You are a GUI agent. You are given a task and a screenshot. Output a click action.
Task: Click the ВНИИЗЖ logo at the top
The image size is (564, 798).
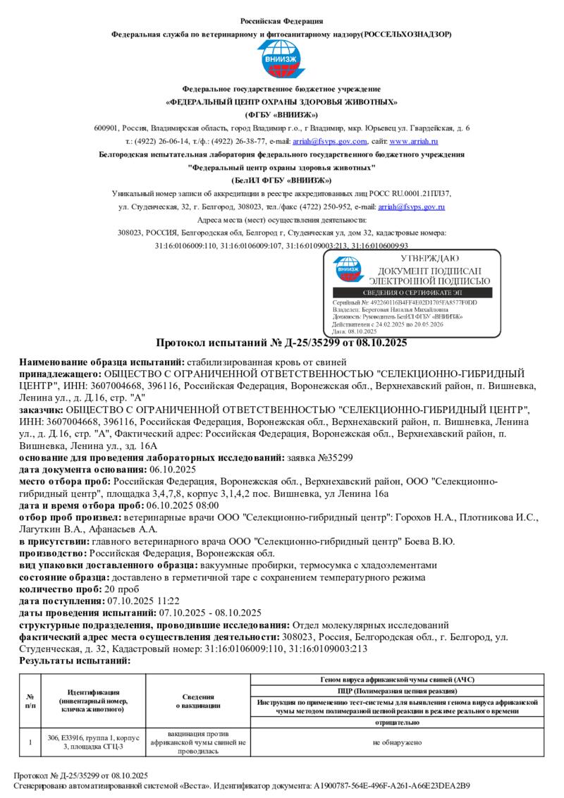[282, 61]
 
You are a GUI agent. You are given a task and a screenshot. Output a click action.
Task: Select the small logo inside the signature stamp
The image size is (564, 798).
[348, 269]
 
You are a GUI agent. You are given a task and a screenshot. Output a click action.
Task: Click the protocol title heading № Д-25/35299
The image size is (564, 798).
[281, 343]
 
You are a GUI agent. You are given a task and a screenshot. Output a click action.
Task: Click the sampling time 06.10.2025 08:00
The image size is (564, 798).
[182, 505]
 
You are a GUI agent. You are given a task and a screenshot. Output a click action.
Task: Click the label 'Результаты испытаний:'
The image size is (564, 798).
[75, 661]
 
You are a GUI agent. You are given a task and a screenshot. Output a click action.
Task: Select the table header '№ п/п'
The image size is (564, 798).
[30, 701]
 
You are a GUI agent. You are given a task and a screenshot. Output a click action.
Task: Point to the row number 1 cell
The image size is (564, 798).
[30, 742]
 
